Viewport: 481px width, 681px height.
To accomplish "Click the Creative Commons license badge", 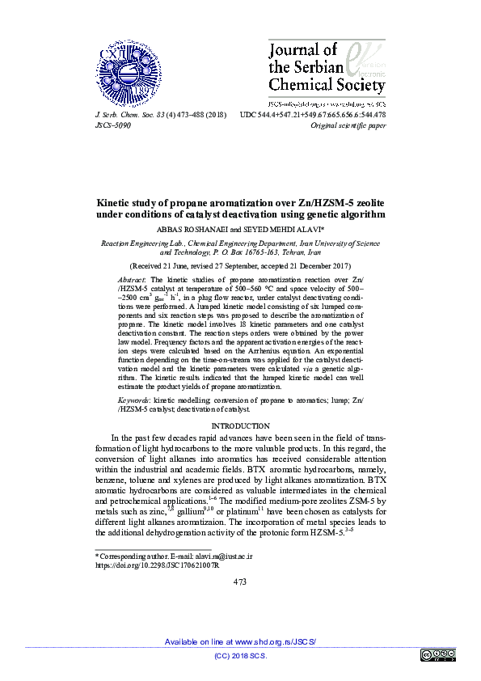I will click(x=437, y=655).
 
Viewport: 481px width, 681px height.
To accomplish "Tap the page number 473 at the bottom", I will click(x=240, y=582).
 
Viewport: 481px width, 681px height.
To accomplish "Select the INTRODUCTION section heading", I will click(x=240, y=425).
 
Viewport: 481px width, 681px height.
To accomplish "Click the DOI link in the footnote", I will click(x=151, y=567).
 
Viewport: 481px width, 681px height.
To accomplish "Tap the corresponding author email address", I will click(x=220, y=557).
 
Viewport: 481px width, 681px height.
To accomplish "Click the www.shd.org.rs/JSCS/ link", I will click(x=275, y=641).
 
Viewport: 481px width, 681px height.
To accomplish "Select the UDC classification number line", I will click(x=313, y=115).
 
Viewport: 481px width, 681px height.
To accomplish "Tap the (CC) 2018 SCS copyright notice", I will click(x=240, y=655).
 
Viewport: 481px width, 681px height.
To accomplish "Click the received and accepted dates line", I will click(x=240, y=265).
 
